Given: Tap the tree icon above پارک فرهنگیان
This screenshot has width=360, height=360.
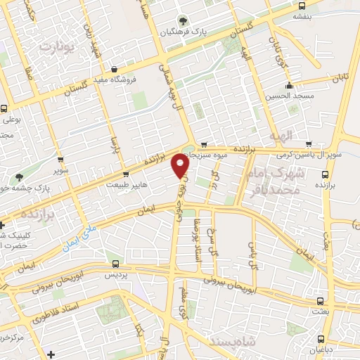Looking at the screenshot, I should pos(184,20).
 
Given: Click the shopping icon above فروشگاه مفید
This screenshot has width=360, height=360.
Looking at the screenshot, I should pos(114,69).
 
